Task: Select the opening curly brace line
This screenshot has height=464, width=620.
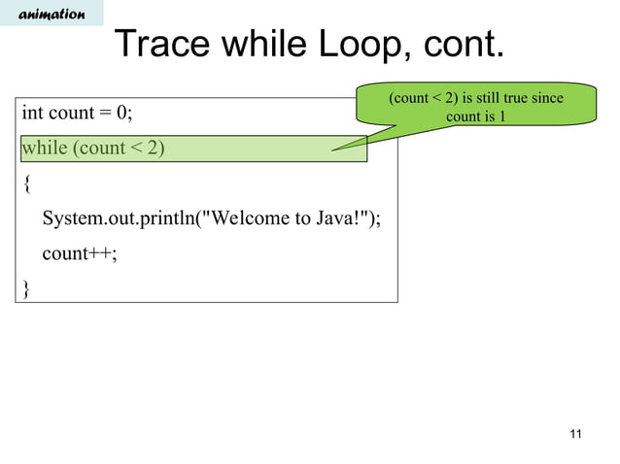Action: tap(26, 182)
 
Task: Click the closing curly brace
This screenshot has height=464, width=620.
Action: tap(26, 287)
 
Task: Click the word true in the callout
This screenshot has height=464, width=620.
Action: tap(508, 99)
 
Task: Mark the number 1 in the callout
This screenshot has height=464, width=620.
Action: tap(500, 117)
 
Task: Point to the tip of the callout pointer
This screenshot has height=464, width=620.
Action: tap(331, 149)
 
